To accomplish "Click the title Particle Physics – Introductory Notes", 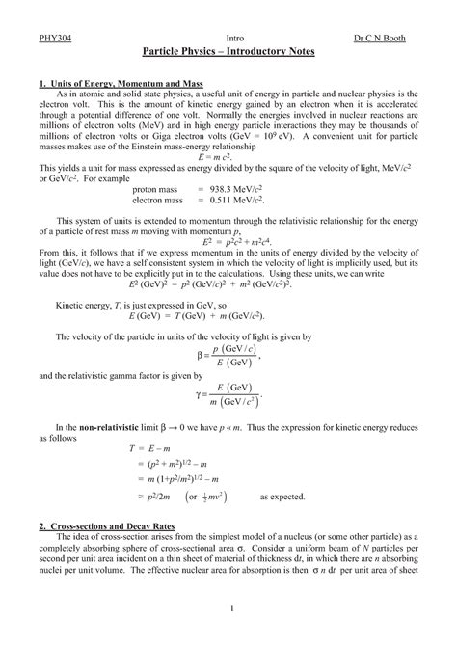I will (228, 49).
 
